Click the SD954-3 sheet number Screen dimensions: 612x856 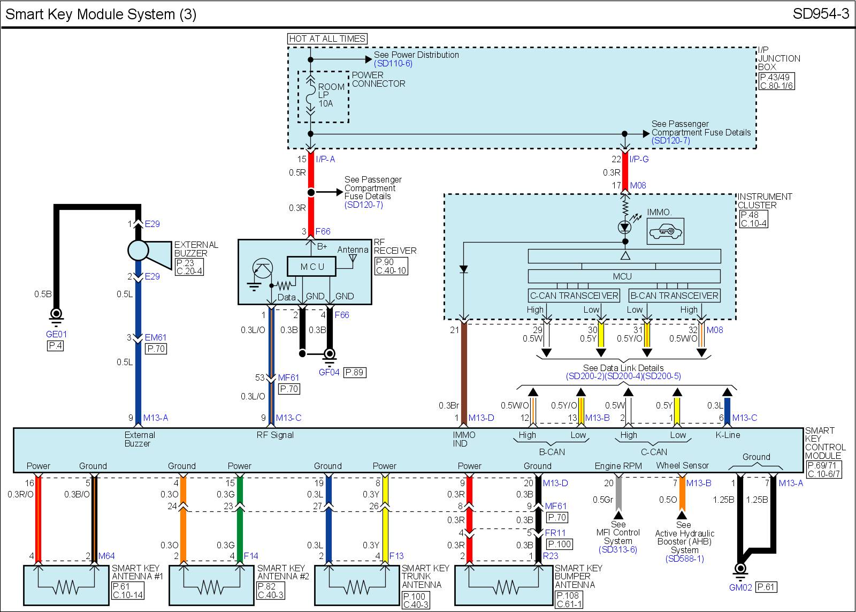pos(821,14)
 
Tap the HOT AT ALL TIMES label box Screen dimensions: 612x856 pos(327,39)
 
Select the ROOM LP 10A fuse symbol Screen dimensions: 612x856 pos(310,96)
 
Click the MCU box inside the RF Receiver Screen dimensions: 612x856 pos(312,267)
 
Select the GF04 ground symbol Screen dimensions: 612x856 pos(330,354)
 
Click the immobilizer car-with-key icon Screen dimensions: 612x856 pos(665,231)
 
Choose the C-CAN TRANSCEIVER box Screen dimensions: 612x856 pos(574,296)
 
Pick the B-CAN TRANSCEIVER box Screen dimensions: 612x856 pos(674,296)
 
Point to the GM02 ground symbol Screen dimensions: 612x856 pos(740,569)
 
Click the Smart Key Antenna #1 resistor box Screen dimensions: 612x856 pos(66,586)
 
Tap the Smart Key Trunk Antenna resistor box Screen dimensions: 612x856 pos(357,586)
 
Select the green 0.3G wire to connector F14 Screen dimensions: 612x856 pos(240,530)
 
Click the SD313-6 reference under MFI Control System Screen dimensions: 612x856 pos(618,549)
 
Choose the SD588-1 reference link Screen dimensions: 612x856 pos(684,558)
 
